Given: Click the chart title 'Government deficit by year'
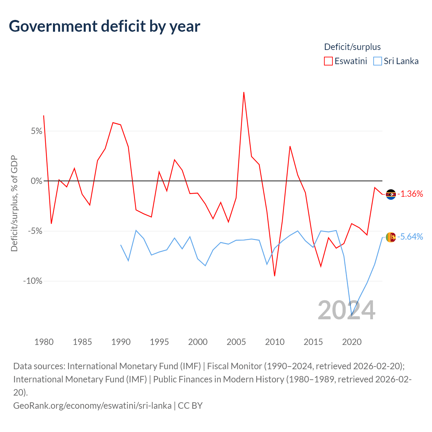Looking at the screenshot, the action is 104,26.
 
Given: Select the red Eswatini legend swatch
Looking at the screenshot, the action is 328,61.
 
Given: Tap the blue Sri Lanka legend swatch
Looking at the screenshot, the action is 378,61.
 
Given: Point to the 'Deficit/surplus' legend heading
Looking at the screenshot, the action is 352,47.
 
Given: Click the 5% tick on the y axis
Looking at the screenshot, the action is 36,131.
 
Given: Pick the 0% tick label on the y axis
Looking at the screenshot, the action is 36,181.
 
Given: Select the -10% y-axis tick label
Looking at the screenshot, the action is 33,281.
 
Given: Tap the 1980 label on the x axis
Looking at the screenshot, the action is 44,342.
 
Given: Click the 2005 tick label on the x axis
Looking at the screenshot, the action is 236,342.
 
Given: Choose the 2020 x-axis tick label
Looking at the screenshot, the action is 352,342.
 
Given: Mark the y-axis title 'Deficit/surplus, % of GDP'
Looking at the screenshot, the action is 15,203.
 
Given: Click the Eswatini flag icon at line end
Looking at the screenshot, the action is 391,194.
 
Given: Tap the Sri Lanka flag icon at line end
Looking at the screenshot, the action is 391,237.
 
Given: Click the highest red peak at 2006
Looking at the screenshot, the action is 244,92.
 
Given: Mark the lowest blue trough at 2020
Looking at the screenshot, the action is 352,316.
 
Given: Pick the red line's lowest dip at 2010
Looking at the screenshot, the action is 275,276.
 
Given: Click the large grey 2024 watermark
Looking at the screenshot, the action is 347,310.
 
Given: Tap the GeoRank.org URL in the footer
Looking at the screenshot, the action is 92,406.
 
